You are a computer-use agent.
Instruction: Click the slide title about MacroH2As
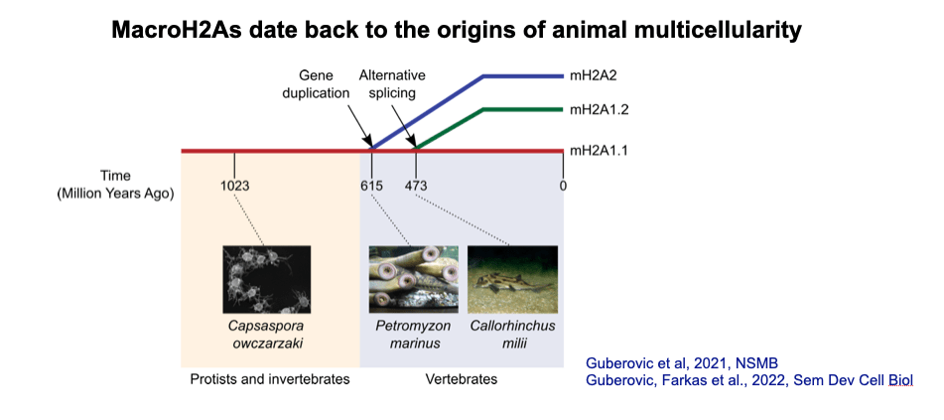click(456, 31)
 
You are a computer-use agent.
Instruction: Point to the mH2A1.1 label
click(599, 151)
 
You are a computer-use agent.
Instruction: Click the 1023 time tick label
click(234, 185)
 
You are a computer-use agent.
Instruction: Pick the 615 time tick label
click(372, 185)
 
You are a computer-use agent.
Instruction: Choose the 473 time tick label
click(416, 185)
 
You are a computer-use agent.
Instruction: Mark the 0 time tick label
click(563, 185)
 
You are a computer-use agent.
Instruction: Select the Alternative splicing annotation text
click(392, 84)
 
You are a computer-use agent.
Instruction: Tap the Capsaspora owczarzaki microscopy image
click(266, 279)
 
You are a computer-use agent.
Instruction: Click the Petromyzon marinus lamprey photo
click(414, 279)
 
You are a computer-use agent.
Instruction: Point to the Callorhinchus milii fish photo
click(511, 279)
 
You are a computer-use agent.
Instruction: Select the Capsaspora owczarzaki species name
click(266, 335)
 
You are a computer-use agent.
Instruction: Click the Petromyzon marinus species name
click(414, 335)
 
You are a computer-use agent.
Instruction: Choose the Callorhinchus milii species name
click(511, 335)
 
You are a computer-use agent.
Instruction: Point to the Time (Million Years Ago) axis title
click(115, 185)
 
